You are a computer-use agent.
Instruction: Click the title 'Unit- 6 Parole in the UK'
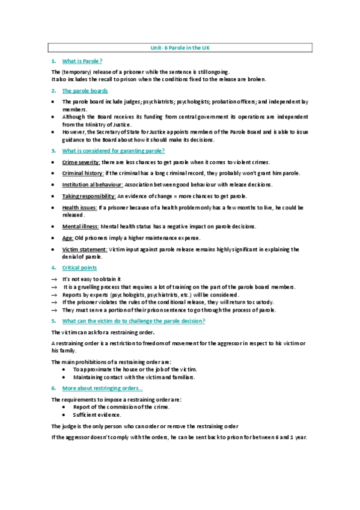[x=180, y=48]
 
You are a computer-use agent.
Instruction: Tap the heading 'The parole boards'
[x=85, y=91]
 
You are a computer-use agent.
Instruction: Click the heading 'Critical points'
[x=79, y=268]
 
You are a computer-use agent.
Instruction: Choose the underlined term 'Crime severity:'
[x=81, y=162]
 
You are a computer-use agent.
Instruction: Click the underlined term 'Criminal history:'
[x=83, y=173]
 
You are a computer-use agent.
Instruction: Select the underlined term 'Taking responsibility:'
[x=89, y=196]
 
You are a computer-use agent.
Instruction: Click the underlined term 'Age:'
[x=68, y=238]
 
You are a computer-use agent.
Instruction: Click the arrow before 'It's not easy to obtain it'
[x=54, y=279]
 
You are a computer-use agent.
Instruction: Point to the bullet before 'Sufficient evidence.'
[x=65, y=415]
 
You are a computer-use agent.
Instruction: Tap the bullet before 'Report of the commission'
[x=65, y=407]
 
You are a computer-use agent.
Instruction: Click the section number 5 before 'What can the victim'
[x=53, y=321]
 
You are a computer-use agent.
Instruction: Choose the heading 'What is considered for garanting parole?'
[x=114, y=150]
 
